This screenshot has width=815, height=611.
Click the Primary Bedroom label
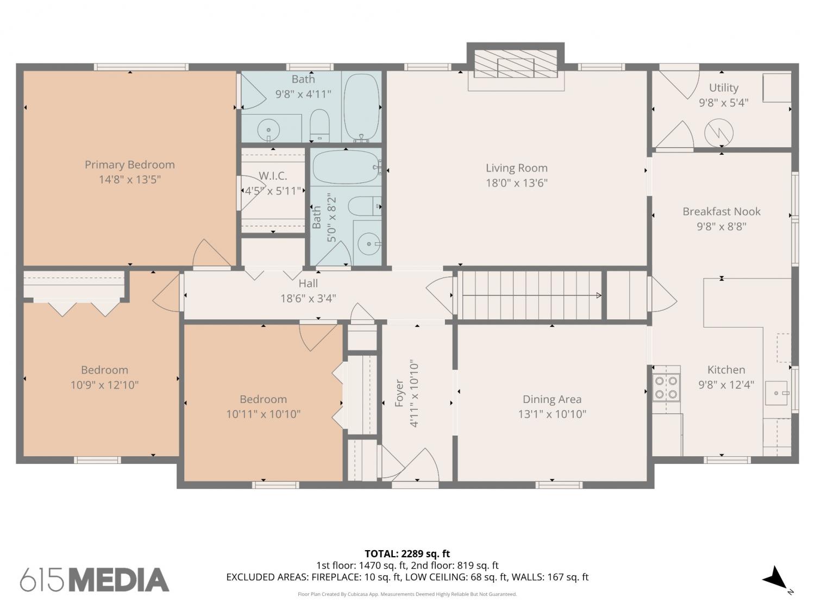click(129, 165)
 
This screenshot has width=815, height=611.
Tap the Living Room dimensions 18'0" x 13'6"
click(517, 183)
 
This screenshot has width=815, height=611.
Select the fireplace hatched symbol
click(516, 64)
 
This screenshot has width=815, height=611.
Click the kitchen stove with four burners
click(667, 388)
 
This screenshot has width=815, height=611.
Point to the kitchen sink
click(776, 393)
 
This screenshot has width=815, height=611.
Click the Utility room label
click(723, 87)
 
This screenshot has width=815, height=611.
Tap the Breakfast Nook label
click(721, 211)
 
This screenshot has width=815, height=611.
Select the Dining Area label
click(551, 399)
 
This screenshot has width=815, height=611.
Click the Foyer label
click(399, 393)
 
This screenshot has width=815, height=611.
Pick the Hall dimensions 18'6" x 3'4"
click(308, 298)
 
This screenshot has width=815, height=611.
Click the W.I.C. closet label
click(273, 175)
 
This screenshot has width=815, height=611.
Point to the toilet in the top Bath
click(319, 125)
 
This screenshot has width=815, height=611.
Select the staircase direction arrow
click(531, 295)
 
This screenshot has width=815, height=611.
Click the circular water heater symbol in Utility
click(719, 133)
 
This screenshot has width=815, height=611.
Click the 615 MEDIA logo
click(95, 580)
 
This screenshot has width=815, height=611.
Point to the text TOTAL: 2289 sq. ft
click(407, 553)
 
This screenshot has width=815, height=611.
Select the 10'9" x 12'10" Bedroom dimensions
click(104, 385)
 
